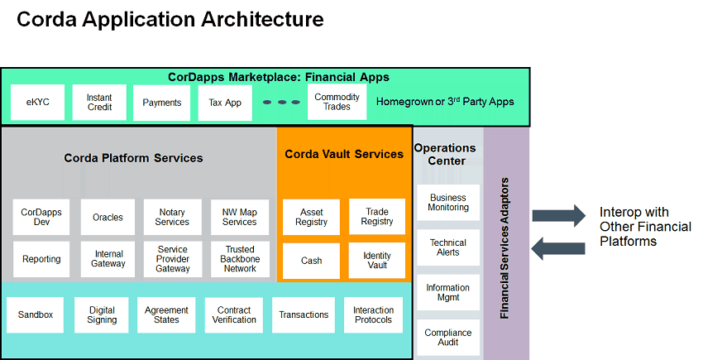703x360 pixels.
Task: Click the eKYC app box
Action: pyautogui.click(x=37, y=103)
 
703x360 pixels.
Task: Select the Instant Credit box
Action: pyautogui.click(x=99, y=103)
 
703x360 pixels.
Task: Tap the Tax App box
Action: pyautogui.click(x=225, y=103)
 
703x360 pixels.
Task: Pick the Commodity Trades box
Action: pyautogui.click(x=337, y=102)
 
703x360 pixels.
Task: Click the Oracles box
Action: pyautogui.click(x=108, y=217)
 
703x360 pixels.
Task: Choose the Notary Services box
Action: pyautogui.click(x=172, y=217)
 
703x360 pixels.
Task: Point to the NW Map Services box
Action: pyautogui.click(x=240, y=217)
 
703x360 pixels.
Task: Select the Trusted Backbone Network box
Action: pyautogui.click(x=240, y=259)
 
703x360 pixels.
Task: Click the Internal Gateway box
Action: pyautogui.click(x=108, y=259)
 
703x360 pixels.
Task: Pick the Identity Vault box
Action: pyautogui.click(x=377, y=260)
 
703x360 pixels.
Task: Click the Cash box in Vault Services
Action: pyautogui.click(x=311, y=260)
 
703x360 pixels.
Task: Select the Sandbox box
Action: pyautogui.click(x=36, y=314)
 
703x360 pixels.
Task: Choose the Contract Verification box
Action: pyautogui.click(x=234, y=314)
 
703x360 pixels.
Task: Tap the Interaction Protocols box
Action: pyautogui.click(x=374, y=314)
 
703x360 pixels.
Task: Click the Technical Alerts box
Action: pyautogui.click(x=447, y=247)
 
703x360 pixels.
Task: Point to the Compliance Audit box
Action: pyautogui.click(x=447, y=338)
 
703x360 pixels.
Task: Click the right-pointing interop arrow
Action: pyautogui.click(x=558, y=217)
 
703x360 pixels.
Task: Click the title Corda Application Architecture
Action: pyautogui.click(x=170, y=19)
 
